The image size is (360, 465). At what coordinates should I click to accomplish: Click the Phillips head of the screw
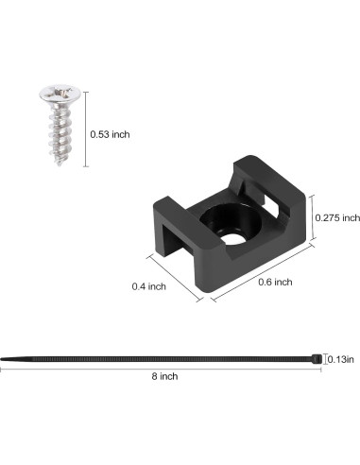[x=59, y=93]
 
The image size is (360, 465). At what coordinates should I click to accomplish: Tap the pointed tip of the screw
[x=59, y=164]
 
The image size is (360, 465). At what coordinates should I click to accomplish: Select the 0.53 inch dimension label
[x=110, y=134]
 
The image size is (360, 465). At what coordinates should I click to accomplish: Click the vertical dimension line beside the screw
[x=86, y=129]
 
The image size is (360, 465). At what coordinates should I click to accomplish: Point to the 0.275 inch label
[x=337, y=217]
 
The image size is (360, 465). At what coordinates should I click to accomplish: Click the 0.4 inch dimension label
[x=148, y=286]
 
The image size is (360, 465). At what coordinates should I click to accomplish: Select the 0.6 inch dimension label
[x=275, y=282]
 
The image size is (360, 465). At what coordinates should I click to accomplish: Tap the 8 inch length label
[x=164, y=376]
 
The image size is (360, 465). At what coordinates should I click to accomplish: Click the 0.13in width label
[x=341, y=359]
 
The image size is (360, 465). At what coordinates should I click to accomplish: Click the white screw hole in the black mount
[x=233, y=238]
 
